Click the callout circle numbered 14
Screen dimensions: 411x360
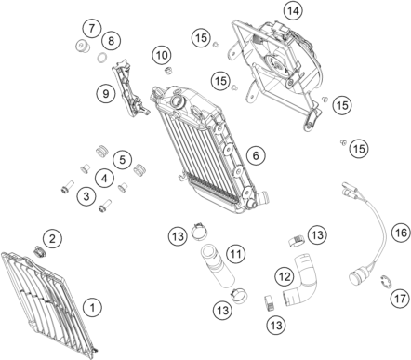pyautogui.click(x=293, y=11)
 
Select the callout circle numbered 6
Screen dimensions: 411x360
pyautogui.click(x=256, y=155)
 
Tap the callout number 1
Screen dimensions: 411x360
pyautogui.click(x=92, y=308)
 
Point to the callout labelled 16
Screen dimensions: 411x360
pyautogui.click(x=401, y=233)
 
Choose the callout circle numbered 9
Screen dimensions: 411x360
pyautogui.click(x=105, y=93)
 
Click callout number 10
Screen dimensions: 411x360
pyautogui.click(x=162, y=56)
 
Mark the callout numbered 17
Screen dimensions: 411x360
pyautogui.click(x=400, y=299)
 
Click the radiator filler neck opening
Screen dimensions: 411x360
pyautogui.click(x=178, y=101)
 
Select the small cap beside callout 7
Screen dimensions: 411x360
pyautogui.click(x=83, y=47)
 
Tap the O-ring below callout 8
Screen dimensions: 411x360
pyautogui.click(x=101, y=58)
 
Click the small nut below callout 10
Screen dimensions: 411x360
pyautogui.click(x=167, y=71)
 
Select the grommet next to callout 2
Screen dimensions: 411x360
pyautogui.click(x=39, y=251)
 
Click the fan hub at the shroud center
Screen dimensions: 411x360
pyautogui.click(x=274, y=63)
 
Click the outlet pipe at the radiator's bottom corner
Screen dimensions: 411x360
pyautogui.click(x=263, y=197)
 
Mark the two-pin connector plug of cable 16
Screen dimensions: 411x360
pyautogui.click(x=350, y=189)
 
